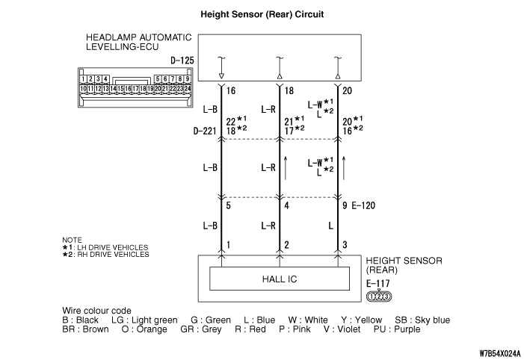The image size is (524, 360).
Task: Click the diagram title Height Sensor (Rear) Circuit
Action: (262, 14)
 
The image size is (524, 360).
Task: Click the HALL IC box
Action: (280, 279)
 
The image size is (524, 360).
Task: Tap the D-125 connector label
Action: (182, 60)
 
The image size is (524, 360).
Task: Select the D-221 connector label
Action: (205, 131)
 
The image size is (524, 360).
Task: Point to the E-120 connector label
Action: (363, 205)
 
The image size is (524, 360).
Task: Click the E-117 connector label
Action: (378, 284)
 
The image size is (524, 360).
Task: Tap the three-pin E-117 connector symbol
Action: (379, 297)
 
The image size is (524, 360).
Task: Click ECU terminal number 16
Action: (231, 91)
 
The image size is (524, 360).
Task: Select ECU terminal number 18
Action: (289, 91)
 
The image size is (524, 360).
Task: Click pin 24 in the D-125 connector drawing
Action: (188, 88)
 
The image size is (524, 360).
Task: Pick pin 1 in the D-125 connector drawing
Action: (83, 79)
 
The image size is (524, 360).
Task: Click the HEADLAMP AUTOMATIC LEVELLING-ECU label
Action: (139, 42)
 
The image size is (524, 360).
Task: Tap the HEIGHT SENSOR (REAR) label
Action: (404, 265)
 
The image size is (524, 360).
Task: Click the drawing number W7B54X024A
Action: (499, 353)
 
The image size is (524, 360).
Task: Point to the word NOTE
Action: (72, 240)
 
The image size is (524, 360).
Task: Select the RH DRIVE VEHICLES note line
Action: (105, 255)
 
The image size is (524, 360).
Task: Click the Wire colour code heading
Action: (96, 311)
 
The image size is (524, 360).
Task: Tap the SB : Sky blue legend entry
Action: (422, 320)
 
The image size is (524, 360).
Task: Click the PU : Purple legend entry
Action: (397, 329)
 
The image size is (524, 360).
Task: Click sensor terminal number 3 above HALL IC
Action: (345, 245)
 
